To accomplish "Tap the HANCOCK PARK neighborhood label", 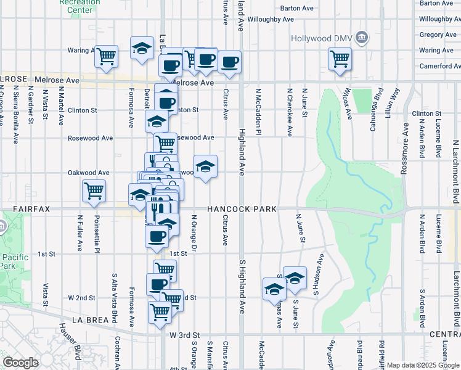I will pos(242,209).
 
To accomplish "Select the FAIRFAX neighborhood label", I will pos(27,209).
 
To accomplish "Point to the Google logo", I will pos(21,363).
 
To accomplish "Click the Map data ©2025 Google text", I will pos(423,365).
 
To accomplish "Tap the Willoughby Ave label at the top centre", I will pos(271,19).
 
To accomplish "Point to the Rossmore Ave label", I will pos(405,149).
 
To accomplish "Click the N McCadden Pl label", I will pos(259,112).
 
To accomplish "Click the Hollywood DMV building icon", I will pos(363,38).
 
